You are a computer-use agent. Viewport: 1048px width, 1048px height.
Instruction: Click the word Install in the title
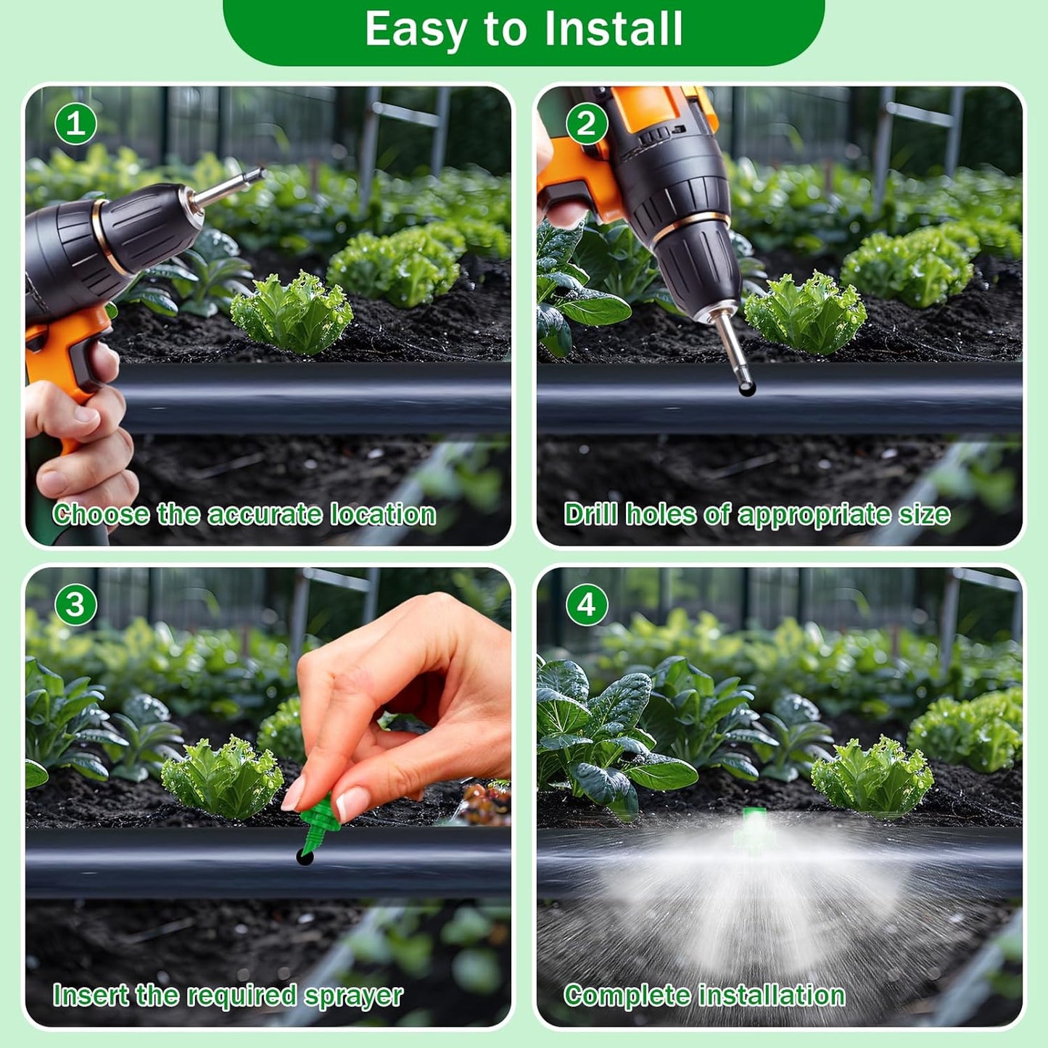click(x=614, y=29)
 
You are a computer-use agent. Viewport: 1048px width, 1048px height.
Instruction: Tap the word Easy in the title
click(x=415, y=29)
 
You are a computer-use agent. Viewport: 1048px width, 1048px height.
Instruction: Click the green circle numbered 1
click(x=75, y=124)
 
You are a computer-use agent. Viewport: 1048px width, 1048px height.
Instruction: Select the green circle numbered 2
click(x=586, y=124)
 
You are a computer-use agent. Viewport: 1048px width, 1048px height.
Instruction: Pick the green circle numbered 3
click(x=75, y=605)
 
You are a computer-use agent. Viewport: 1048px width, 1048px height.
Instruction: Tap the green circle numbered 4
click(x=586, y=605)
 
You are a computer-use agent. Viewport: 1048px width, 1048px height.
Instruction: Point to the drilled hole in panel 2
click(x=747, y=390)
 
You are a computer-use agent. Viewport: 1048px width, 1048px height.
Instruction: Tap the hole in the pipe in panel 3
click(x=305, y=858)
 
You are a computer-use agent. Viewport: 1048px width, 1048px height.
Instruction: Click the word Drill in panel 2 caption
click(x=590, y=515)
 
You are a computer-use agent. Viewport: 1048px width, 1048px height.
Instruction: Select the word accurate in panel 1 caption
click(x=265, y=515)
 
